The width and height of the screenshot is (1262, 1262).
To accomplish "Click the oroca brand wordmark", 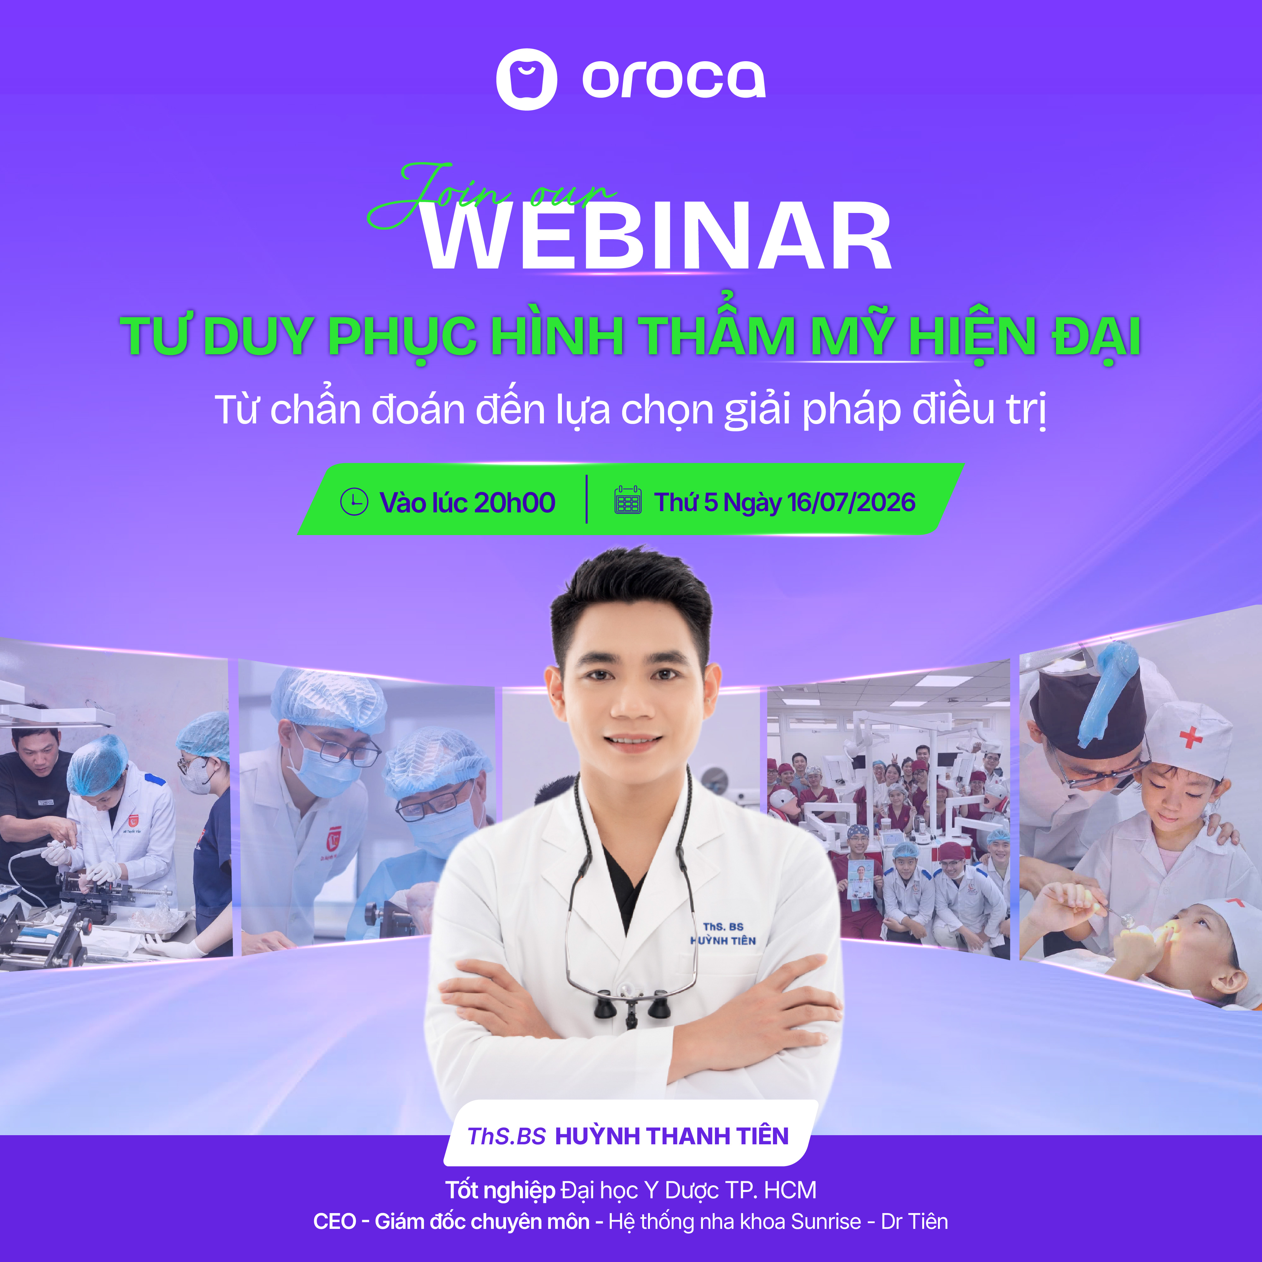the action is click(x=674, y=80).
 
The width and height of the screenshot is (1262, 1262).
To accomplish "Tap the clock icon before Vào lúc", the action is click(x=354, y=502).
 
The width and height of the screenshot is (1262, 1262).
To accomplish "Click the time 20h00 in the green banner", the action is click(x=515, y=502).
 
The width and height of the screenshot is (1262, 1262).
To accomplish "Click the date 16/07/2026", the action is click(x=851, y=502).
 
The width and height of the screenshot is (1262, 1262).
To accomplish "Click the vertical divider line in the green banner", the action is click(x=587, y=499).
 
